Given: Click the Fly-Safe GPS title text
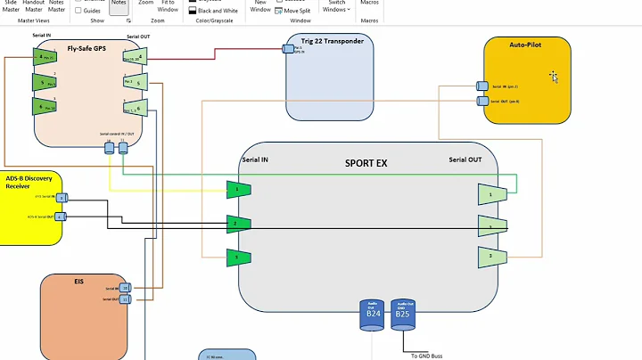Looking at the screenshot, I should click(88, 48).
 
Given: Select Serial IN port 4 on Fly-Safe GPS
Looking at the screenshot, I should click(45, 57).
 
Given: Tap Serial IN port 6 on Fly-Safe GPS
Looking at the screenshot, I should click(45, 105).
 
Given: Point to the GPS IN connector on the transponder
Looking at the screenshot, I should click(289, 48).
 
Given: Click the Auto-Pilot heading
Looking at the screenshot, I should click(525, 43).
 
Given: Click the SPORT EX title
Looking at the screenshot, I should click(366, 163).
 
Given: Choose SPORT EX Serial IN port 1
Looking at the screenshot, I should click(238, 189).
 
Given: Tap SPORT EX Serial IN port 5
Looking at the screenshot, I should click(238, 258).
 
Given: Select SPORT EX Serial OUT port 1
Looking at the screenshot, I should click(491, 193).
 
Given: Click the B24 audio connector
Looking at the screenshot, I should click(373, 315).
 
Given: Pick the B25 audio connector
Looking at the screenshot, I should click(403, 315).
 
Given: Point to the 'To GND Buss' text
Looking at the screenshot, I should click(426, 356).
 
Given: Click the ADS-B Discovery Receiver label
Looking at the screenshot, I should click(29, 182).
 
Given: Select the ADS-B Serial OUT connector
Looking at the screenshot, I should click(61, 217).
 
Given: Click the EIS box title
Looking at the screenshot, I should click(78, 280).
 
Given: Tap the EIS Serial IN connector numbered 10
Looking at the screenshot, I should click(125, 288).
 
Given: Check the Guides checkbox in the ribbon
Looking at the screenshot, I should click(78, 10).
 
